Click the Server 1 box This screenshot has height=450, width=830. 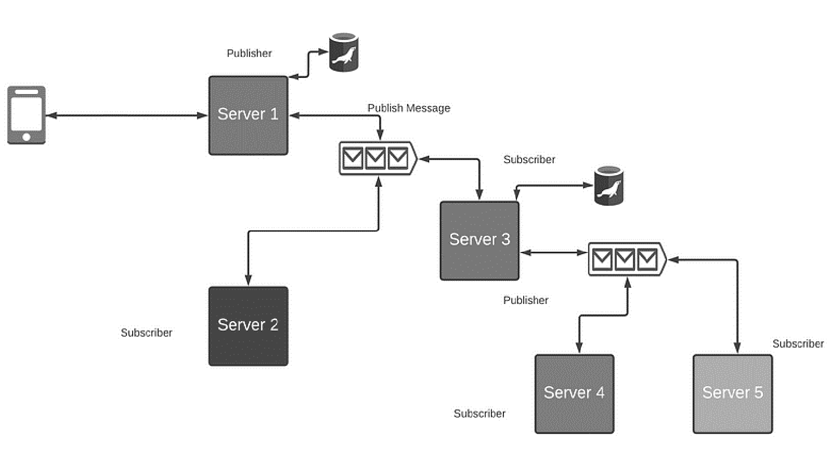[x=248, y=115]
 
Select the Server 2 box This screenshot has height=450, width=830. [x=248, y=326]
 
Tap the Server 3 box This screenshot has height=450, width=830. [x=479, y=241]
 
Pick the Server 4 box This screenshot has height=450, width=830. [x=574, y=393]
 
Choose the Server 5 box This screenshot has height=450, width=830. [x=732, y=393]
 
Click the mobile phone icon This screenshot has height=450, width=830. [x=27, y=115]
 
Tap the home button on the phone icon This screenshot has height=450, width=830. [x=27, y=137]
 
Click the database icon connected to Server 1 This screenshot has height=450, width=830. [x=344, y=52]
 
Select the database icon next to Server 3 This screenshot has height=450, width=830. [x=608, y=186]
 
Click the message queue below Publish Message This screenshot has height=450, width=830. [x=378, y=158]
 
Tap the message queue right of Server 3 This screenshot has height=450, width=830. [x=626, y=259]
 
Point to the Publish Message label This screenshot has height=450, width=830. [x=409, y=108]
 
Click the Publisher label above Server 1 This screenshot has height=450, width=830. [x=249, y=53]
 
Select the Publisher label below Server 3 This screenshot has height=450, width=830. [x=525, y=300]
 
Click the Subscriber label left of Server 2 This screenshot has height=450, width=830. [x=146, y=333]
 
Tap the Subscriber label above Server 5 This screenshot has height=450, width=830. [x=798, y=343]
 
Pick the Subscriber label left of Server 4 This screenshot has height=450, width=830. [x=479, y=414]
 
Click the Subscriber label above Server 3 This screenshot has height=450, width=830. [x=529, y=160]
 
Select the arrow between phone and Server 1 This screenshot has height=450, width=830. [x=127, y=115]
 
